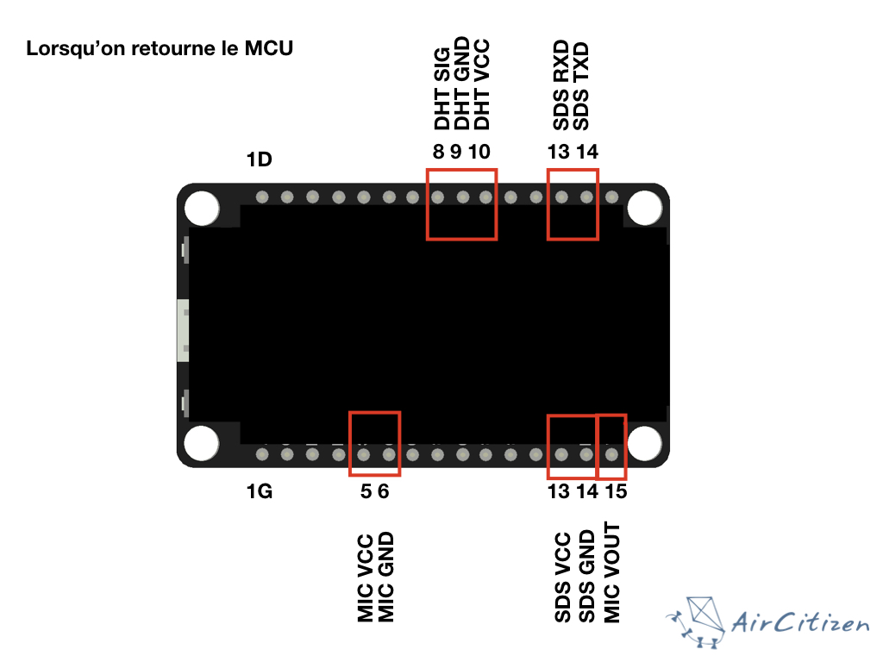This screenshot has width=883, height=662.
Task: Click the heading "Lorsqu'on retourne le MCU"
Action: [160, 48]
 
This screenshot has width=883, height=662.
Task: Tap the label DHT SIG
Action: [441, 89]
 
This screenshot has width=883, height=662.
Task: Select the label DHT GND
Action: [462, 84]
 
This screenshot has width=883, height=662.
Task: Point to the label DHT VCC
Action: [483, 84]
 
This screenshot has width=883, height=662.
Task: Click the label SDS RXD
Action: [560, 84]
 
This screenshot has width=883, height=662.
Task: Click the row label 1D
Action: [259, 159]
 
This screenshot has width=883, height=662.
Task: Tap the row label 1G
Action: [259, 492]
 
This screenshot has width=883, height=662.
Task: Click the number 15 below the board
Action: [615, 492]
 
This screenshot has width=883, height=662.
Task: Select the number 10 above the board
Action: [480, 153]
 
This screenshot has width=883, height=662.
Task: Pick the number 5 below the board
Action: [366, 492]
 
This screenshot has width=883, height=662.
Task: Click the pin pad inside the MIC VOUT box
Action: [612, 453]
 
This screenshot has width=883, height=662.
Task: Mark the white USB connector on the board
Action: [182, 330]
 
